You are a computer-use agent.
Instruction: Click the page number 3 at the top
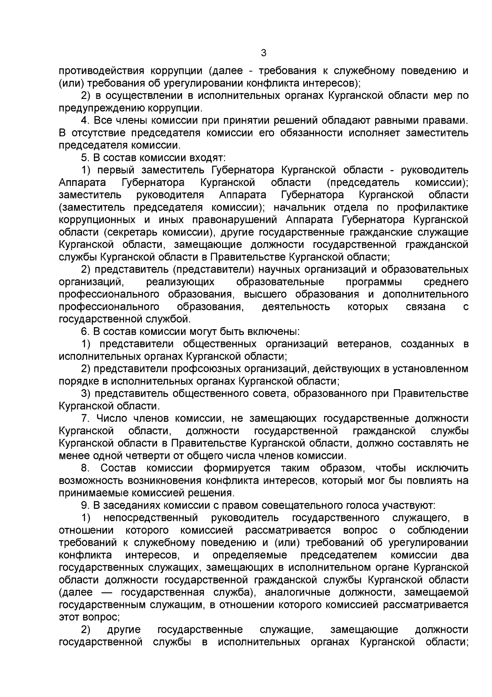click(x=264, y=53)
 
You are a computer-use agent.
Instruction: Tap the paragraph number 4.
click(x=85, y=120)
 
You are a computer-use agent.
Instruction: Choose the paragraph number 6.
click(x=84, y=331)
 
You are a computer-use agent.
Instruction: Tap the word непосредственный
click(x=151, y=518)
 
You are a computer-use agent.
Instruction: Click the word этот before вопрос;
click(x=69, y=617)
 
